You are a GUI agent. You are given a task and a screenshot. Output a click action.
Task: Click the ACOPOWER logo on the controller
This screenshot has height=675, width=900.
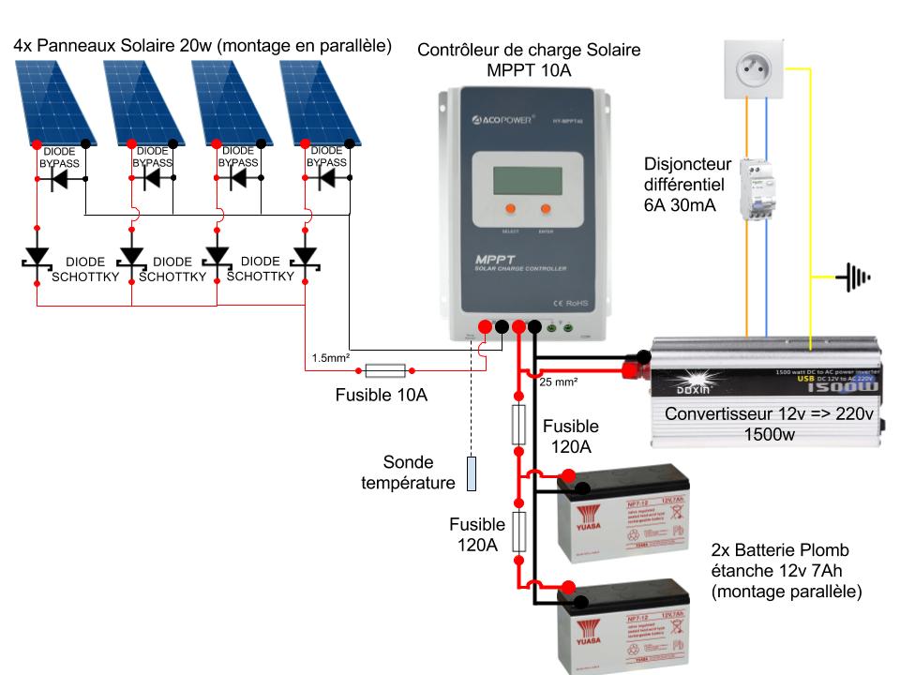503,120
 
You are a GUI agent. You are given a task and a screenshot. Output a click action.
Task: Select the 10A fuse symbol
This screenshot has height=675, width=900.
383,369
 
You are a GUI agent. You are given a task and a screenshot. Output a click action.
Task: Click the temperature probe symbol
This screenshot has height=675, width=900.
472,474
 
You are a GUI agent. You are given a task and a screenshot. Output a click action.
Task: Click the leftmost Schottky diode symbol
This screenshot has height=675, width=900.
37,256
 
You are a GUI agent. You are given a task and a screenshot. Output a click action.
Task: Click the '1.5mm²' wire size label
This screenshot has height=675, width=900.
332,357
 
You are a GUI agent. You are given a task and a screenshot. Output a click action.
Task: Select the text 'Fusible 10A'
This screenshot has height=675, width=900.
382,396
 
